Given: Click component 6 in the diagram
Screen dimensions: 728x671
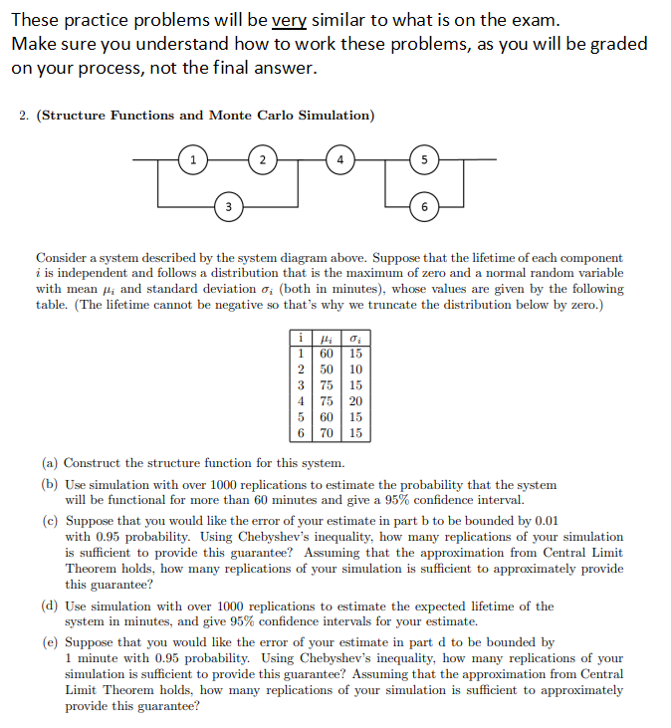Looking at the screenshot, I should (425, 206).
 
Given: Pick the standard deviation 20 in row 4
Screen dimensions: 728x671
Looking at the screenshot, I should (354, 401).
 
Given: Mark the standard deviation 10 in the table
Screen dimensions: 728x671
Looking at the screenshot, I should (354, 368).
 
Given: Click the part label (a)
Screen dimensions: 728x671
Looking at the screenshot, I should (49, 463).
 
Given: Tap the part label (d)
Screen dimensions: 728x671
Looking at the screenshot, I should (49, 606).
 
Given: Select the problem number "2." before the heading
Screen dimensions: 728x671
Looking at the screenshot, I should (25, 116).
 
